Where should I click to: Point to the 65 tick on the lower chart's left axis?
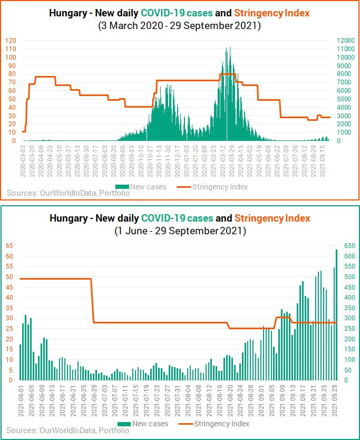coord(9,246)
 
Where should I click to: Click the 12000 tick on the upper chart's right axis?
coord(345,41)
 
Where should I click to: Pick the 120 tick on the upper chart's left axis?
coord(11,41)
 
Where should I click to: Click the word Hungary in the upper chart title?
coord(69,13)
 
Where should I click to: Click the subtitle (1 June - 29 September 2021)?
coord(180,231)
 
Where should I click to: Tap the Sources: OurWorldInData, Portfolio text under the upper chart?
coord(69,193)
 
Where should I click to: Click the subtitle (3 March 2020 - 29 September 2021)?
coord(180,25)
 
